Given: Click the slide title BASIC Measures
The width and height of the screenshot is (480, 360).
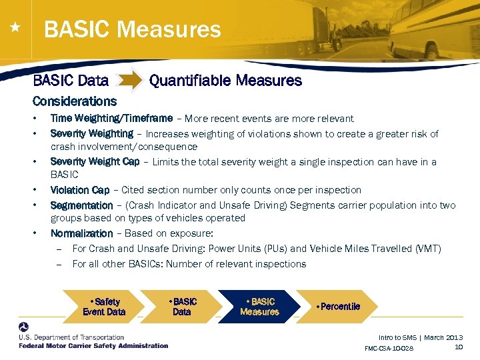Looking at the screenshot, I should coord(132,29).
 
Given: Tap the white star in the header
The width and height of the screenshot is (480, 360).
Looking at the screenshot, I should coord(13,28).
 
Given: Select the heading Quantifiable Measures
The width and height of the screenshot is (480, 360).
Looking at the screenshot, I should coord(225,81).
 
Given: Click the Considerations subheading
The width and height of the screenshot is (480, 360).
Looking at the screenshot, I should coord(74,101).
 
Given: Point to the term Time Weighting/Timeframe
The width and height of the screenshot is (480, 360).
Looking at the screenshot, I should coord(111,119).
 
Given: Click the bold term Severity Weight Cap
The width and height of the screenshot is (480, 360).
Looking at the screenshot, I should coord(95,162).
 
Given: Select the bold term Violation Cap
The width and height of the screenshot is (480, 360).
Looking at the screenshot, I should coord(79,190).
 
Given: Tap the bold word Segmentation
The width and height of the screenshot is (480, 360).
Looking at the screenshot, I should coord(81,205).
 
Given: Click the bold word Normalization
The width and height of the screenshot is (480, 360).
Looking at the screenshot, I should coord(81,233).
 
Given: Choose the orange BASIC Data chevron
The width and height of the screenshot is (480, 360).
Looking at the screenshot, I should coord(181,307).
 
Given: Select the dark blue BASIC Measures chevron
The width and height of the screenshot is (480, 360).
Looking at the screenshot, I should coord(259,307).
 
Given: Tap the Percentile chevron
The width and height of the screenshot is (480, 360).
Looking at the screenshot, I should coord(339,307).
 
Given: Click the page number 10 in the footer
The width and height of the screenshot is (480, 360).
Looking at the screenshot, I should coord(458,347).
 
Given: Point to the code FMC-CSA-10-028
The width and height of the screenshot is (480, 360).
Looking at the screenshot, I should coord(389,349).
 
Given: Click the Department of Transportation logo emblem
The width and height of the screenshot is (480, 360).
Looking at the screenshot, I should coord(25,328).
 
